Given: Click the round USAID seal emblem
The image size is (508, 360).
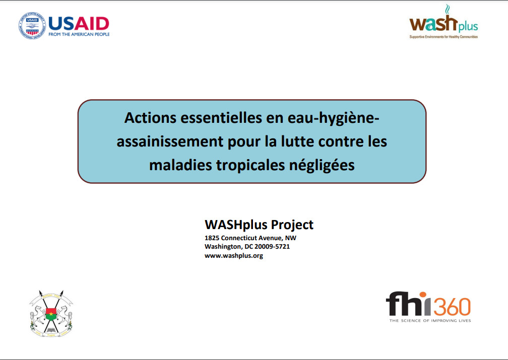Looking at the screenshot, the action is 32,26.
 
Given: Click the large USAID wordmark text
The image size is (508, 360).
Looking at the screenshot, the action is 79,24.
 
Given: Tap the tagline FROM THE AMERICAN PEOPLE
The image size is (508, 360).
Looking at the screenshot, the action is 79,34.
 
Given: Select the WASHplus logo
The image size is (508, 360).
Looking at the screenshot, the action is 443,21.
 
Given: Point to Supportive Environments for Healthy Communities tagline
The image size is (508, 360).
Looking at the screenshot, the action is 443,37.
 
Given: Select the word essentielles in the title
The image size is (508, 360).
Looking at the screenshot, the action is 221,117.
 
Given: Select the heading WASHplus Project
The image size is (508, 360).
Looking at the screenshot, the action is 259,225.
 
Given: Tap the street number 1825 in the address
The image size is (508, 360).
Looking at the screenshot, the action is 212,238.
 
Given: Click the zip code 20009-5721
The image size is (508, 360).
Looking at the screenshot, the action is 272,247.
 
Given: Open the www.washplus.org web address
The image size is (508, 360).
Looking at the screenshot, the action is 234,256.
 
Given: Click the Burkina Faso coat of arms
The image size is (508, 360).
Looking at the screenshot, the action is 51,313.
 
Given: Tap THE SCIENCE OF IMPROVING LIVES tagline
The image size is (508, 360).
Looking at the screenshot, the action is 430,321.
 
